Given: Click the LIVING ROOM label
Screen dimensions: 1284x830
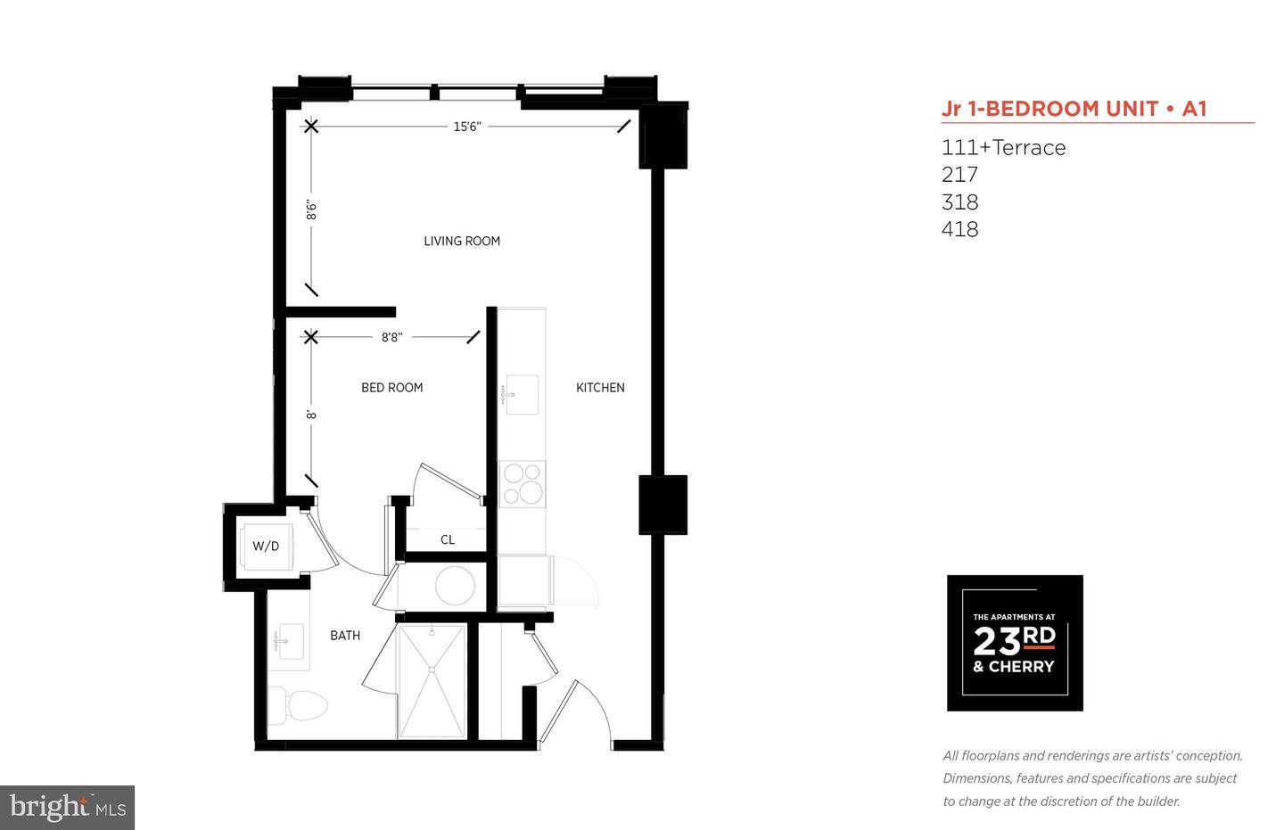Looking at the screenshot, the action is pyautogui.click(x=462, y=242).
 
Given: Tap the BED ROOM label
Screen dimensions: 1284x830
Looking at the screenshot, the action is pyautogui.click(x=392, y=388).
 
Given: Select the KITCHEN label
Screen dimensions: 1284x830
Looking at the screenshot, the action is pyautogui.click(x=600, y=388).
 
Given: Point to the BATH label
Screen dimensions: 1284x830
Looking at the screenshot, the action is pyautogui.click(x=345, y=635).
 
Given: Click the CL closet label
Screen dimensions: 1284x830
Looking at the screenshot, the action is pyautogui.click(x=448, y=539).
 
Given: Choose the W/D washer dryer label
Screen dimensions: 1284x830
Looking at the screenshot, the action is pyautogui.click(x=266, y=546).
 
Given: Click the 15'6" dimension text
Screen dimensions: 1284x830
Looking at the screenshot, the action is pyautogui.click(x=467, y=127).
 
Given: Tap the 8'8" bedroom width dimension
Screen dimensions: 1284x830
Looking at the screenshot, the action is pyautogui.click(x=392, y=337).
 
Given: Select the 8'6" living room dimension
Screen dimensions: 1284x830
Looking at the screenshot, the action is pyautogui.click(x=311, y=210).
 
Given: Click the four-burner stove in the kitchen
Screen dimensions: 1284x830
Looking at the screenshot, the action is pyautogui.click(x=523, y=484).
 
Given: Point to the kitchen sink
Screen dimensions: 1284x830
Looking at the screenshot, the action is pyautogui.click(x=521, y=394).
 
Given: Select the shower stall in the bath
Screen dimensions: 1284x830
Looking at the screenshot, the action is pyautogui.click(x=432, y=681).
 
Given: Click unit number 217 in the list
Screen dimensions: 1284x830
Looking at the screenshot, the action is pyautogui.click(x=959, y=174).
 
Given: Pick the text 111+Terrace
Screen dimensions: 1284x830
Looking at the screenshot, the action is pyautogui.click(x=1003, y=148).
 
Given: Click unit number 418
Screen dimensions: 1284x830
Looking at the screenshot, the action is pyautogui.click(x=959, y=229).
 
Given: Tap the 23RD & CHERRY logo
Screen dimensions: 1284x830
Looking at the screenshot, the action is pyautogui.click(x=1015, y=643).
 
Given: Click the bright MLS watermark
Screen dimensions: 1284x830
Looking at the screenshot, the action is pyautogui.click(x=68, y=808).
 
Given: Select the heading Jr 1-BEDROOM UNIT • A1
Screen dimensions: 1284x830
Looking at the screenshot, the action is pyautogui.click(x=1074, y=109).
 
